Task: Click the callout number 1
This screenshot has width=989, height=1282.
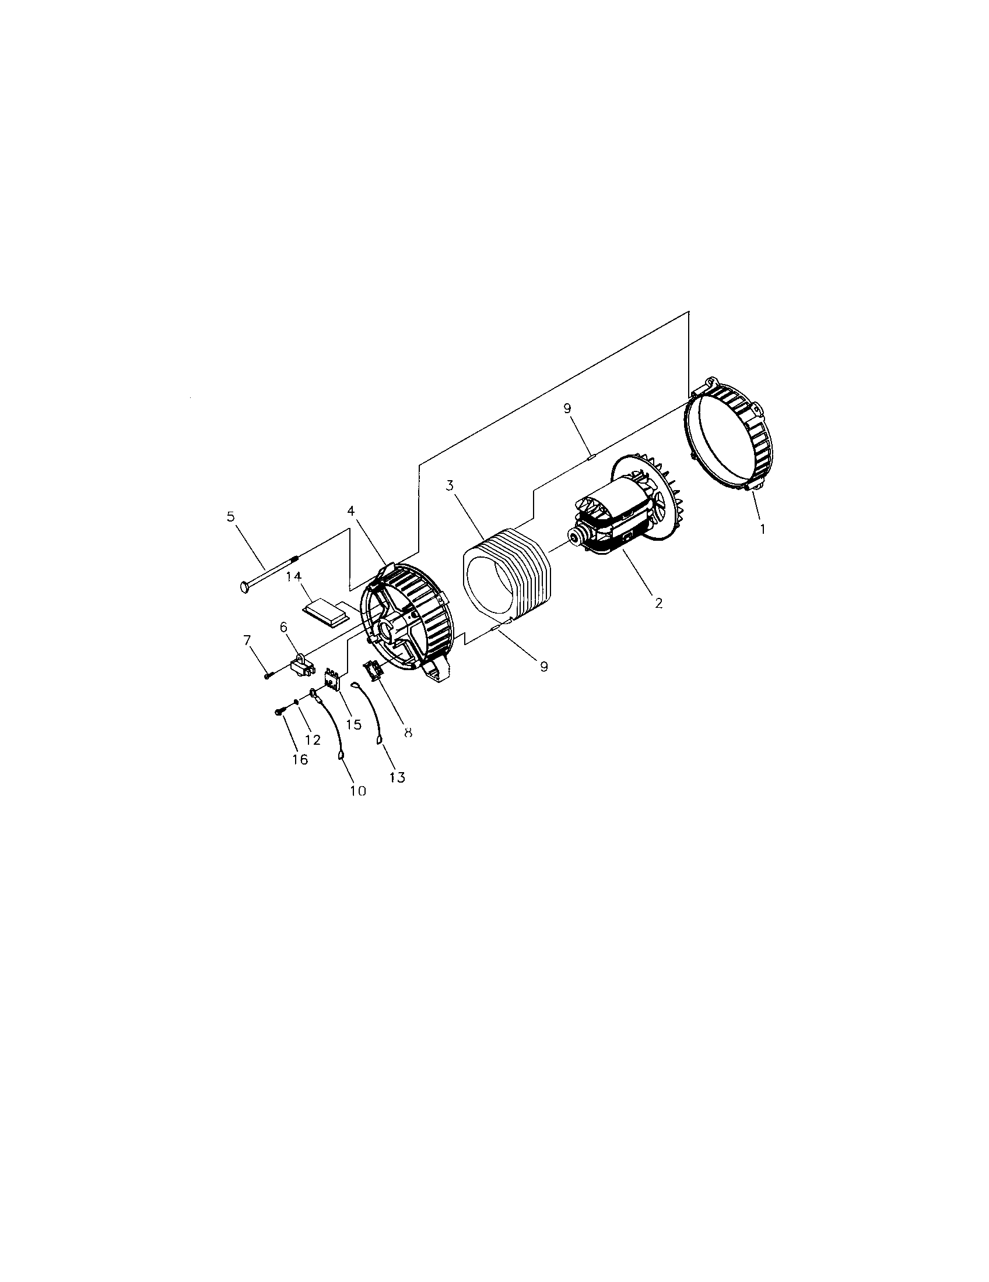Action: [x=762, y=529]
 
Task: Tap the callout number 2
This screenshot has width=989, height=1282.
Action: [x=658, y=603]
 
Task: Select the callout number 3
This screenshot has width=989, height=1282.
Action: [x=449, y=486]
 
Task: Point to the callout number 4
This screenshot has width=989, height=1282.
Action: [x=350, y=511]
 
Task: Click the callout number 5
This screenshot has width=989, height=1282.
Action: [x=230, y=516]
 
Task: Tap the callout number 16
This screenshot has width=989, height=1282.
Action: [x=300, y=759]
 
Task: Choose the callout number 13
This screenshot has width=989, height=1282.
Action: [x=397, y=777]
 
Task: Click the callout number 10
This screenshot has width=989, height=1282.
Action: [x=357, y=791]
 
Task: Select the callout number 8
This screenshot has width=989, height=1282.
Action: [x=408, y=732]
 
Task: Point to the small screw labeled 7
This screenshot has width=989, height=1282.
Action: [x=268, y=676]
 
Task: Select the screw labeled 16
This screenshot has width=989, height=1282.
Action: [x=278, y=712]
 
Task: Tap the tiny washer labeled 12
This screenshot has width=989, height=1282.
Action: [x=297, y=701]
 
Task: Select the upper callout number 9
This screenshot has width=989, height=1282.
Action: [x=567, y=408]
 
